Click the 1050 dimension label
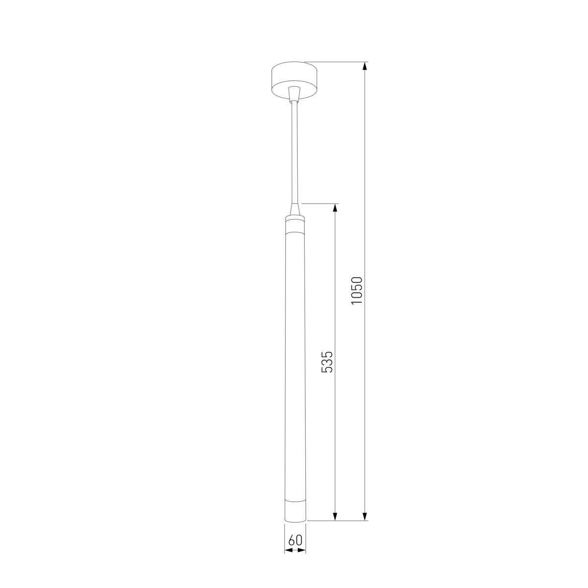pyautogui.click(x=356, y=290)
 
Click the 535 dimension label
pyautogui.click(x=327, y=362)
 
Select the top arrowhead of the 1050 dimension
pyautogui.click(x=365, y=66)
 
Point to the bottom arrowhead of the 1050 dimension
pyautogui.click(x=365, y=516)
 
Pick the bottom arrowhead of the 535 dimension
pyautogui.click(x=335, y=516)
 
